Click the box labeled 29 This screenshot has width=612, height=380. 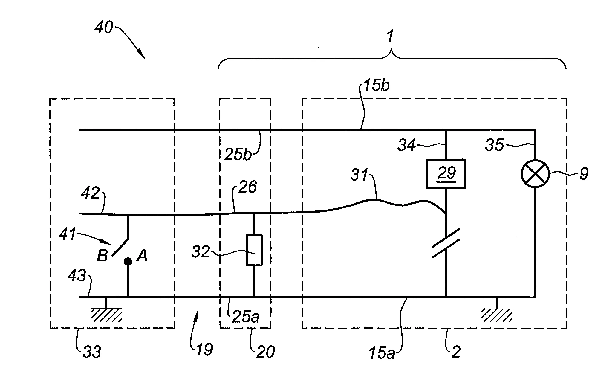coord(446,174)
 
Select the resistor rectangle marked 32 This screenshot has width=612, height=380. coord(254,250)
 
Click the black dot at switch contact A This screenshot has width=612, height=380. coord(128,262)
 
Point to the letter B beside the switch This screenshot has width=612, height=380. coord(102,256)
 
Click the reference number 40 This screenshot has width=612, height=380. coord(104,28)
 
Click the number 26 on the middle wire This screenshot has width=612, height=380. coord(248,187)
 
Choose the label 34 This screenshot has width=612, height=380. coord(406,146)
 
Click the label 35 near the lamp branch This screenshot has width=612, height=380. coord(495,146)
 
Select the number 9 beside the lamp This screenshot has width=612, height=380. coord(584,174)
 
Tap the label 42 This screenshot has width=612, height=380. coord(90,193)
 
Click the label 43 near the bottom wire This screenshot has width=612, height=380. coord(77,276)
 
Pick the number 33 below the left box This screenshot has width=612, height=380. coord(92,352)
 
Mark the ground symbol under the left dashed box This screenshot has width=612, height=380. coord(106,315)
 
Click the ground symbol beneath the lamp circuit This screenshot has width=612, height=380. coord(496,315)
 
